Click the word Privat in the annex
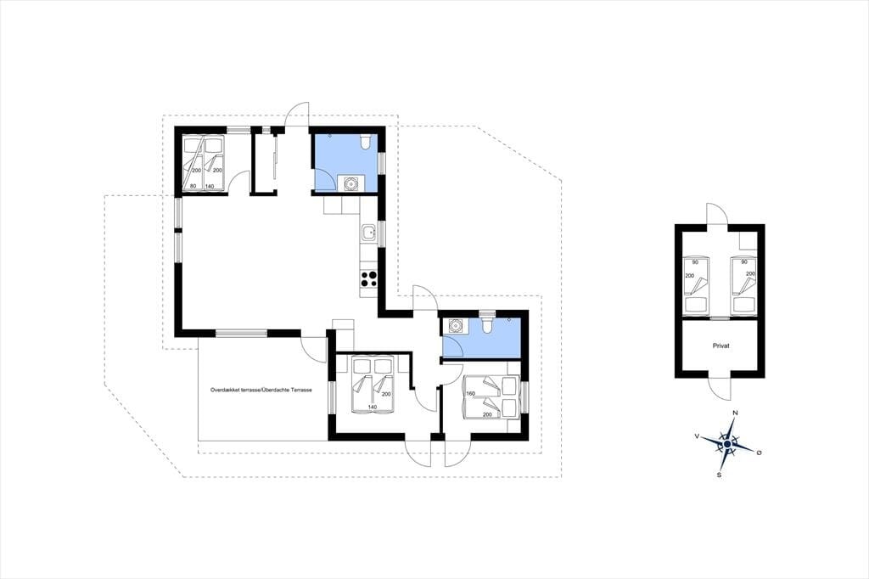click(720, 346)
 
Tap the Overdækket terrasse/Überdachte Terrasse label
click(261, 390)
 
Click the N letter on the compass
click(735, 413)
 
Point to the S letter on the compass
click(720, 475)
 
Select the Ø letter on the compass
click(759, 453)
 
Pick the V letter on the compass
click(696, 436)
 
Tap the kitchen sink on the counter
click(368, 234)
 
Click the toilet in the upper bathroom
click(365, 143)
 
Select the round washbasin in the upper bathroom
click(350, 183)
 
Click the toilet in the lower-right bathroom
click(486, 324)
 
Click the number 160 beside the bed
click(471, 394)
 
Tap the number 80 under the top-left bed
click(193, 186)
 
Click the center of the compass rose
click(727, 444)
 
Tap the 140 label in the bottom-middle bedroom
click(372, 407)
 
